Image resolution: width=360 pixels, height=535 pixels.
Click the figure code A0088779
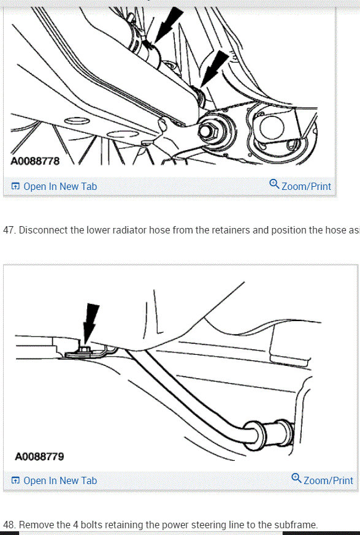[x=39, y=457]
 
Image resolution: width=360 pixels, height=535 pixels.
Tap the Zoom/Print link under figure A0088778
[x=305, y=186]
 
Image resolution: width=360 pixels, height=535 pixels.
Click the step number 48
[x=9, y=525]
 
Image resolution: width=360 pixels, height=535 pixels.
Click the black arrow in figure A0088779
[x=90, y=321]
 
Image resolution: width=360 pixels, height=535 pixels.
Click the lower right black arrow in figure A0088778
[x=213, y=67]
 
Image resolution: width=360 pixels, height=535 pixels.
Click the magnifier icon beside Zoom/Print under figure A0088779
[x=297, y=479]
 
